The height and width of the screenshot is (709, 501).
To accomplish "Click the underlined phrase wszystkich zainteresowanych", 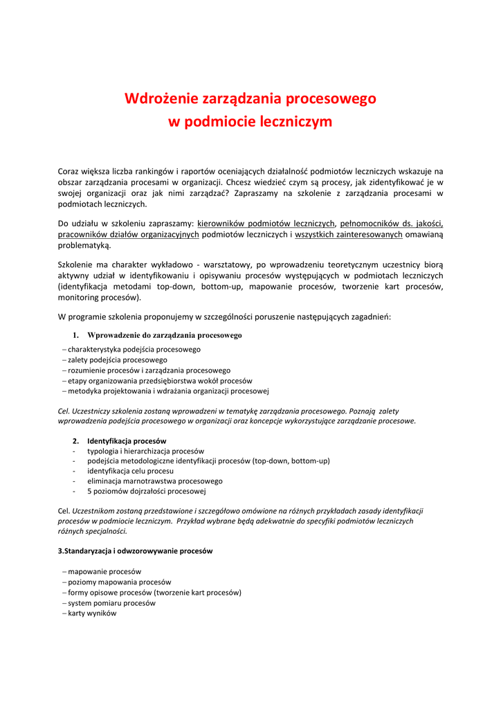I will tap(349, 234).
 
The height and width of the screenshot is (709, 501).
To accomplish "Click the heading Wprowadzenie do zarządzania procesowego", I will tap(165, 335).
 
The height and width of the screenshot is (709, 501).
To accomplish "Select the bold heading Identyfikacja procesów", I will tap(127, 440).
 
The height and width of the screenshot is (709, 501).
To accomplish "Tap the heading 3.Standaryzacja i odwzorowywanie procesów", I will tap(135, 551).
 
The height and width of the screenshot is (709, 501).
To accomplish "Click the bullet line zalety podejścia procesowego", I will tap(118, 360).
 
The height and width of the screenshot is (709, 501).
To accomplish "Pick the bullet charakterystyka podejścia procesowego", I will tap(134, 350).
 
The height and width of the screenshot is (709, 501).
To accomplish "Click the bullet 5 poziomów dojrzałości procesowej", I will tap(147, 491).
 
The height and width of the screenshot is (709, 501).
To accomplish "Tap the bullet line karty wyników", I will tap(92, 613).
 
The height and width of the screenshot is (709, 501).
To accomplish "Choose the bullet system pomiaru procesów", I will tap(111, 602).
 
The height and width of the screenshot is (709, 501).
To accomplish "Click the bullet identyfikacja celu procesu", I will tap(130, 471).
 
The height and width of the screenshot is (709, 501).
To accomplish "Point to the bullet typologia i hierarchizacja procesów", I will tap(145, 451).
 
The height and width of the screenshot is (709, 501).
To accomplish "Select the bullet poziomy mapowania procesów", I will tap(120, 582).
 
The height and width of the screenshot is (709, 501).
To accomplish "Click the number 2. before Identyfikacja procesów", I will tap(76, 440).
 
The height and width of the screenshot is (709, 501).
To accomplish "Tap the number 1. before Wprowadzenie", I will tap(76, 335).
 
